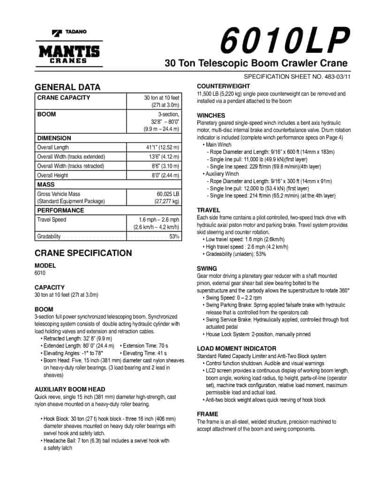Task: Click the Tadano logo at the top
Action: click(x=69, y=32)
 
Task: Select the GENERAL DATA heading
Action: click(x=68, y=87)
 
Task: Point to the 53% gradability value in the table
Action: click(x=174, y=236)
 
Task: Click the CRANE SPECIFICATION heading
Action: click(x=83, y=253)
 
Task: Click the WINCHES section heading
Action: click(x=211, y=116)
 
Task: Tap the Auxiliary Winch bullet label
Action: click(x=222, y=174)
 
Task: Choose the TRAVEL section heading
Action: click(x=208, y=210)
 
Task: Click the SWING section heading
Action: click(x=207, y=269)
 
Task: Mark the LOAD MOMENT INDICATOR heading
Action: click(x=236, y=349)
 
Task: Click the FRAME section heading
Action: click(x=207, y=414)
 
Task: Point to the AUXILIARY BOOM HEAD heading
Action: click(x=69, y=389)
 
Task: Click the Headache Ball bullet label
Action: click(x=59, y=441)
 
